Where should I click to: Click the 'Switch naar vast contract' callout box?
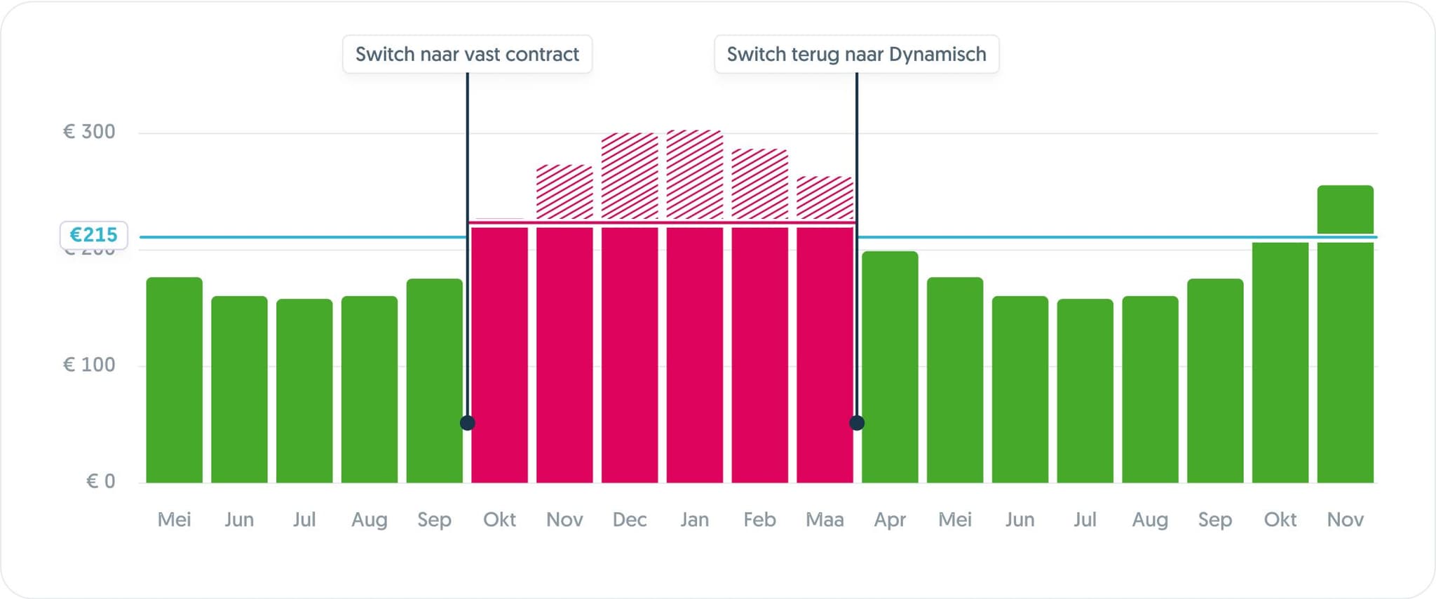[x=467, y=54]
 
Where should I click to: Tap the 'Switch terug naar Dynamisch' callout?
[x=856, y=54]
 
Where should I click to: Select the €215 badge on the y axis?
[x=93, y=235]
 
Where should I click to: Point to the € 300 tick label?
[x=89, y=132]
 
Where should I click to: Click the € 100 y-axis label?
[x=89, y=365]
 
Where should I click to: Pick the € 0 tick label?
[x=100, y=481]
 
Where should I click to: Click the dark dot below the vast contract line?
[x=468, y=423]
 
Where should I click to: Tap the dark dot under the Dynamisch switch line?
[x=857, y=423]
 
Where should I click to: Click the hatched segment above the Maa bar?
[x=825, y=198]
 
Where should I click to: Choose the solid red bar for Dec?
[x=630, y=354]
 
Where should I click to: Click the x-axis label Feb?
[x=759, y=520]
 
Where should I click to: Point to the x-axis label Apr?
[x=890, y=520]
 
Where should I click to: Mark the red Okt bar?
[x=499, y=354]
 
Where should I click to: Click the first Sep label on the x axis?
[x=434, y=520]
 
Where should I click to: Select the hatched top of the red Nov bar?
[x=564, y=191]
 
